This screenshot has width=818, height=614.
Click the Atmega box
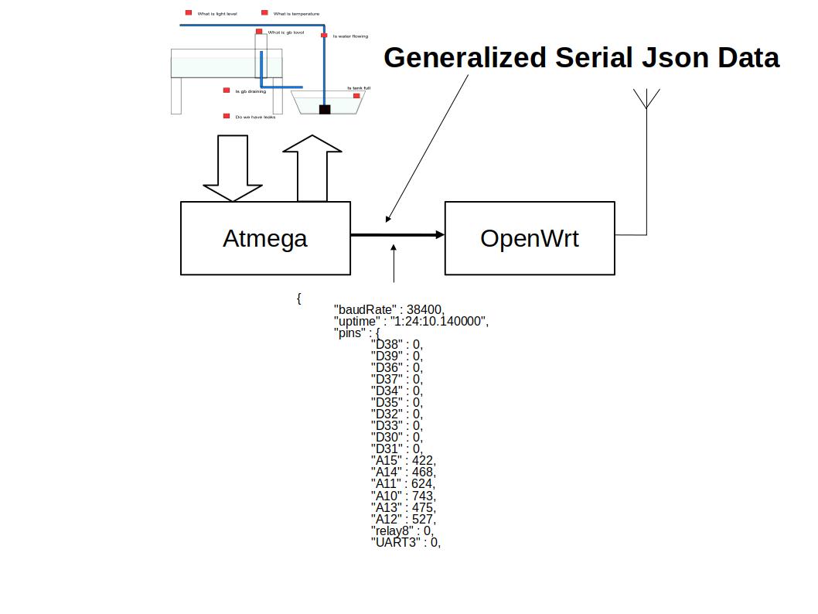265,238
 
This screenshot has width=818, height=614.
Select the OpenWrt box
530,238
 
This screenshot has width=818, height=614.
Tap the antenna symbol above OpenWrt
646,99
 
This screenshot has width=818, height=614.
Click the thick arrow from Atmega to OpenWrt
397,234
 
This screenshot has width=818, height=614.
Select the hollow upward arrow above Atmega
312,169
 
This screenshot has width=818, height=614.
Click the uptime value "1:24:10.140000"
439,321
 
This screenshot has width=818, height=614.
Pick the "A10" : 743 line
403,496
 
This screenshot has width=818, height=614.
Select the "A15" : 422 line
403,461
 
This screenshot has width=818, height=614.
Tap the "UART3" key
395,542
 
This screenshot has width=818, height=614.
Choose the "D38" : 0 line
397,344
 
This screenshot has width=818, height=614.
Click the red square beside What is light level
188,13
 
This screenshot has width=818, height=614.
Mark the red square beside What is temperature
264,13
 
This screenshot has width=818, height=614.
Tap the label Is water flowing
350,36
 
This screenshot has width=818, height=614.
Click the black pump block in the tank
325,110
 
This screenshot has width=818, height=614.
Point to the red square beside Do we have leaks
227,116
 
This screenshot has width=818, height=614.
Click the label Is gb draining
251,91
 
